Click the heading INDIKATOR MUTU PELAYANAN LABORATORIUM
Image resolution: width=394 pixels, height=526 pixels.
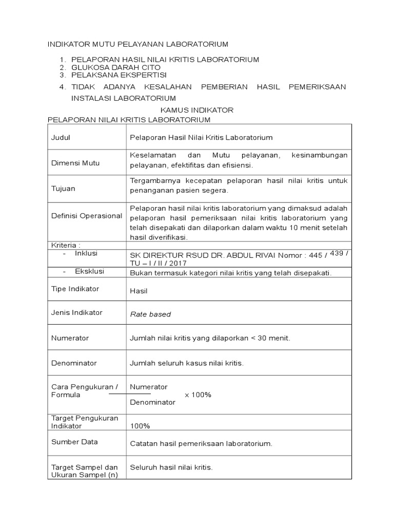click(137, 45)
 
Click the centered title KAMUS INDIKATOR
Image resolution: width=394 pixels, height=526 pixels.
click(196, 110)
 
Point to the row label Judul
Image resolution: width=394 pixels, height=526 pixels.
click(61, 138)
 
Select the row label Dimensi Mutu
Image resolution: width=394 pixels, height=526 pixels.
click(75, 163)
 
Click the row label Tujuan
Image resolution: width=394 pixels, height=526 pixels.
click(63, 189)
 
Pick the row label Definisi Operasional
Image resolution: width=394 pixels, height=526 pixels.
click(87, 216)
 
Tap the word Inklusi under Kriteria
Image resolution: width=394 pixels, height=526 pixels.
click(86, 253)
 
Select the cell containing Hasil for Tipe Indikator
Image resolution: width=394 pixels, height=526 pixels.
click(139, 291)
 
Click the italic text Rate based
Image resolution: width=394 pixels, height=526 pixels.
click(150, 314)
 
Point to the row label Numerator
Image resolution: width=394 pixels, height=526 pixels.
click(70, 338)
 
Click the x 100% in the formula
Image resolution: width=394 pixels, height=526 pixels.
click(198, 394)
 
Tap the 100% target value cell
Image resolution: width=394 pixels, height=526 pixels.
click(141, 426)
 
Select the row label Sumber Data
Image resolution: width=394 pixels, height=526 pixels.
click(74, 442)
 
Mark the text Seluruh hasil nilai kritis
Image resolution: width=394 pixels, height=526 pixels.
click(171, 468)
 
